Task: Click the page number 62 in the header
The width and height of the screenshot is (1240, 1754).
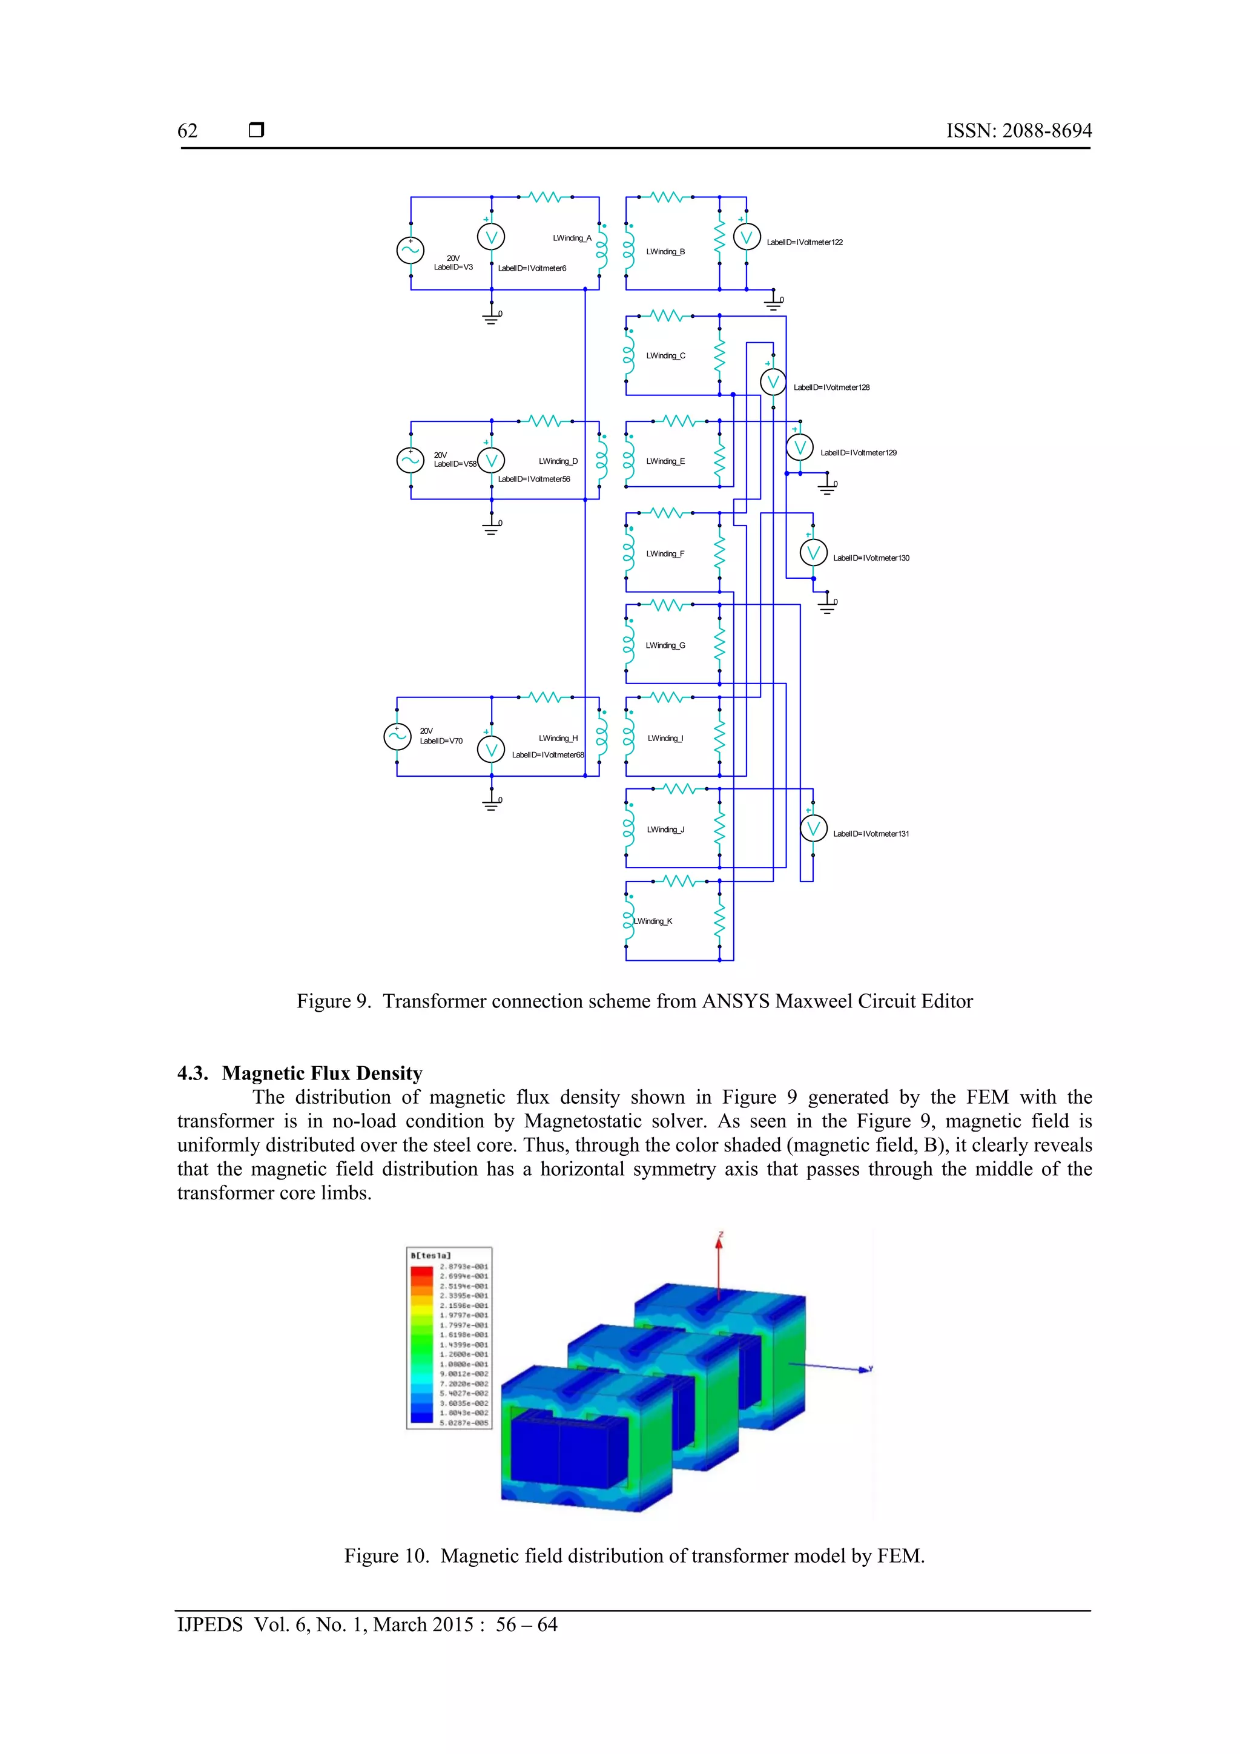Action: point(187,131)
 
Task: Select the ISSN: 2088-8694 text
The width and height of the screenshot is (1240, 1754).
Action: point(1018,131)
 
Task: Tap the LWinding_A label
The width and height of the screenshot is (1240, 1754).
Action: point(572,239)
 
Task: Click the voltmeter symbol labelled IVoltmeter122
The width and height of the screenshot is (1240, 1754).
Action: point(747,237)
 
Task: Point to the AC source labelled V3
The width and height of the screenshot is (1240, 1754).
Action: point(411,250)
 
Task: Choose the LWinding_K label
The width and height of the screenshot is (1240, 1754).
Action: point(653,922)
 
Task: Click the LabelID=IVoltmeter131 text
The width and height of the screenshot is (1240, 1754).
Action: point(871,834)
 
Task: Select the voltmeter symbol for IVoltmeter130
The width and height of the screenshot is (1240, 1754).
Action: point(813,552)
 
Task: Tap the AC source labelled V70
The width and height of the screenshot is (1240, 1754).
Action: point(397,736)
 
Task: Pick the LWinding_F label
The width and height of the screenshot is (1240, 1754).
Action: point(665,554)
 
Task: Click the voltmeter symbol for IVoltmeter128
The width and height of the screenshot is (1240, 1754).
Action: point(773,382)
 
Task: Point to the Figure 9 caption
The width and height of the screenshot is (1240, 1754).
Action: point(634,1001)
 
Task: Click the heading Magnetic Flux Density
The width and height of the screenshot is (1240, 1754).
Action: point(322,1073)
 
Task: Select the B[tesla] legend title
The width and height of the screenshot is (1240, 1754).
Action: point(431,1255)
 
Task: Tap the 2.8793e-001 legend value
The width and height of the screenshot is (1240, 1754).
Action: point(464,1267)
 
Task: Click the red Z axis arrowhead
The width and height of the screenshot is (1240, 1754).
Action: point(718,1244)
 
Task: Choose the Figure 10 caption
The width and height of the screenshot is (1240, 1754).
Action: point(634,1556)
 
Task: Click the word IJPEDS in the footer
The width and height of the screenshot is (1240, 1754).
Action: point(210,1625)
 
